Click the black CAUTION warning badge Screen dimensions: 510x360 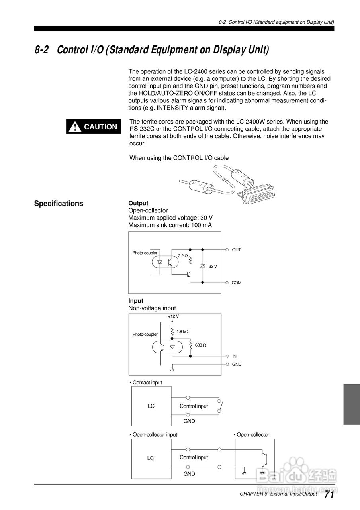tap(94, 127)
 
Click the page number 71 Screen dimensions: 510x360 tap(329, 495)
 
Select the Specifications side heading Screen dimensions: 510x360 tap(59, 204)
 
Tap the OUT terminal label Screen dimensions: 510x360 tap(237, 250)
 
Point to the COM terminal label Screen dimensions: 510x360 tap(237, 283)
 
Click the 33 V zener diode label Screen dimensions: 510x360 tap(213, 266)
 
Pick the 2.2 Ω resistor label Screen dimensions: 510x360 tap(183, 256)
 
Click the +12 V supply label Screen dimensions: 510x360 tap(173, 316)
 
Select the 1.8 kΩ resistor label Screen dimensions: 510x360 tap(182, 331)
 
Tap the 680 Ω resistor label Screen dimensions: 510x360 tap(201, 345)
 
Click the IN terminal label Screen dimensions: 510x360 tap(234, 356)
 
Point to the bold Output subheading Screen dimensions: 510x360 tap(138, 203)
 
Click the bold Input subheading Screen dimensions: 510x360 tap(136, 301)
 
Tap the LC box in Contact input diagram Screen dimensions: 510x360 tap(151, 406)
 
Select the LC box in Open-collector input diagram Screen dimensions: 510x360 tap(151, 458)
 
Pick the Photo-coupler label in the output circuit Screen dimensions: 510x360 tap(145, 253)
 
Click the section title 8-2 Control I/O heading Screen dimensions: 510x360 tap(152, 50)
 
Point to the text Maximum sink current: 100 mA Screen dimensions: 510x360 tap(170, 225)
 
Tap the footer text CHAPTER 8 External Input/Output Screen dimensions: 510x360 tap(278, 494)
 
